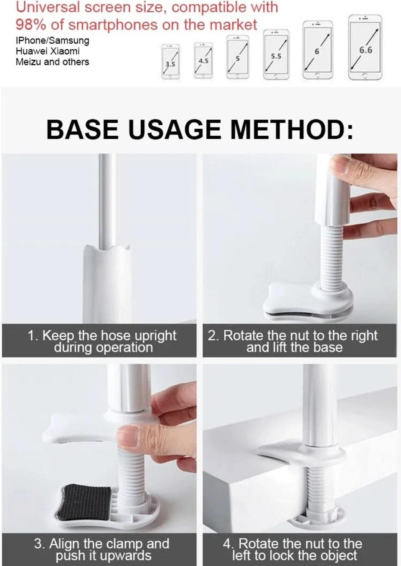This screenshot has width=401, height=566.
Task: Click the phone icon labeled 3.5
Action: tap(170, 61)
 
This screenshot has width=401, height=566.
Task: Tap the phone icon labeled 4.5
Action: tap(203, 61)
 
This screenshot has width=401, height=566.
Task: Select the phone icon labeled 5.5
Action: tap(276, 55)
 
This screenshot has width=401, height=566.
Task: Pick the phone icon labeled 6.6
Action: tap(365, 48)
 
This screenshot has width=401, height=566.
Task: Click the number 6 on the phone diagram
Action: tap(317, 51)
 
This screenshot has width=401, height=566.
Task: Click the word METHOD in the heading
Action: tap(292, 129)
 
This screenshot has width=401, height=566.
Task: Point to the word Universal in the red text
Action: tap(48, 8)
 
